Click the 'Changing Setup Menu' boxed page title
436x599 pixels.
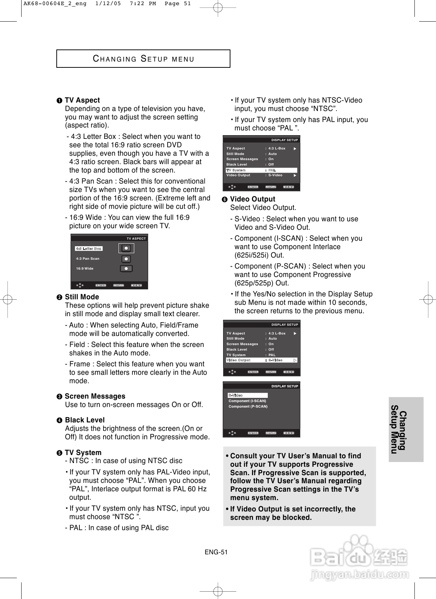[x=143, y=59]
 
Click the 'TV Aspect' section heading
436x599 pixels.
[x=82, y=100]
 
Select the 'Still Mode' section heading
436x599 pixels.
[x=82, y=297]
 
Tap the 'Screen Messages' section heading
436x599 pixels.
[x=95, y=396]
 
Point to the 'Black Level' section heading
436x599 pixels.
[x=84, y=420]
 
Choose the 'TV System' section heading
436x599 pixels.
[x=83, y=452]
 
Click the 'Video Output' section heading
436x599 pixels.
[x=252, y=199]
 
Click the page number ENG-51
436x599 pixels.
[x=216, y=552]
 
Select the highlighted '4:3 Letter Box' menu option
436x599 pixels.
[x=89, y=248]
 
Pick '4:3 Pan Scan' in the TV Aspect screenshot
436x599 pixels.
[x=88, y=259]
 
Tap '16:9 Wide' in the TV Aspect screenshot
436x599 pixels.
[x=85, y=269]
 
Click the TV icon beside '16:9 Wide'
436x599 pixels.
[x=126, y=269]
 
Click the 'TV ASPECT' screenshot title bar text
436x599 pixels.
[x=136, y=239]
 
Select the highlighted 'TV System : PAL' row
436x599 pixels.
[x=261, y=170]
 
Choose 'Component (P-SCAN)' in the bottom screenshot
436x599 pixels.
[x=248, y=406]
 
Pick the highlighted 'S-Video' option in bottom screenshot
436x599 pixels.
[x=248, y=395]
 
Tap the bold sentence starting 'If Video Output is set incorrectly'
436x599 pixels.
[x=293, y=513]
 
